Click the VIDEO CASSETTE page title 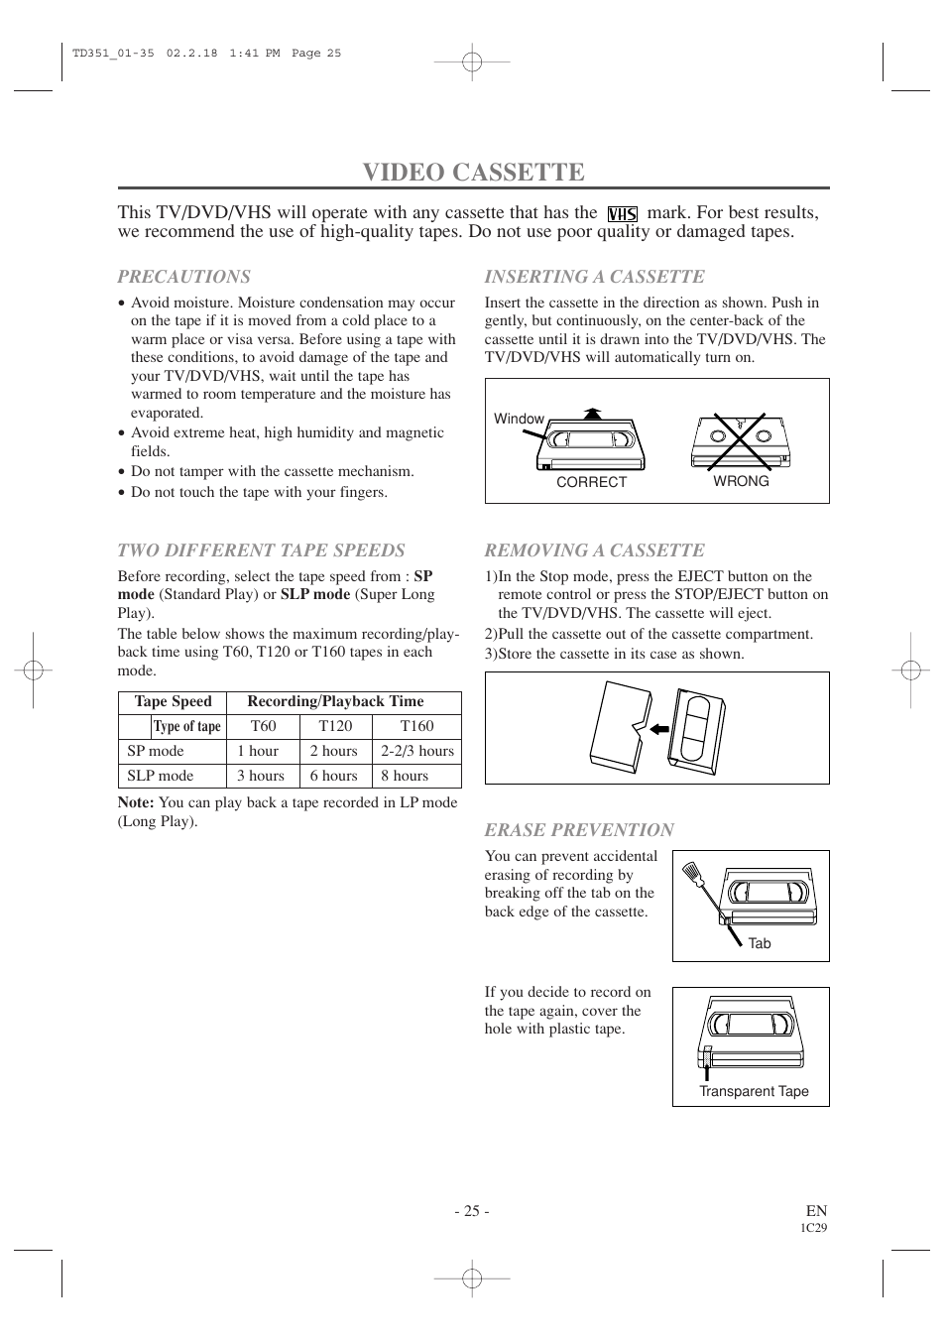(x=473, y=172)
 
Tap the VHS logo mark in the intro (x=622, y=214)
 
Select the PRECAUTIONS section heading (x=184, y=277)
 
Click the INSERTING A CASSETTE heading (x=594, y=277)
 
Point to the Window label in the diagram (x=519, y=419)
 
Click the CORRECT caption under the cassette (x=591, y=482)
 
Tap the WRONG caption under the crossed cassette (x=741, y=481)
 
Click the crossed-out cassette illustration (x=741, y=441)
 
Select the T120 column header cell (x=335, y=726)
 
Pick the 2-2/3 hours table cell (x=416, y=751)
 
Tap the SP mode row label (x=156, y=751)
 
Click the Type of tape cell (x=186, y=726)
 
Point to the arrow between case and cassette (x=657, y=729)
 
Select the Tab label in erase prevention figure (x=760, y=943)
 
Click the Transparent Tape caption (x=754, y=1091)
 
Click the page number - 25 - (x=472, y=1210)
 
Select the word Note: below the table (x=136, y=802)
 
